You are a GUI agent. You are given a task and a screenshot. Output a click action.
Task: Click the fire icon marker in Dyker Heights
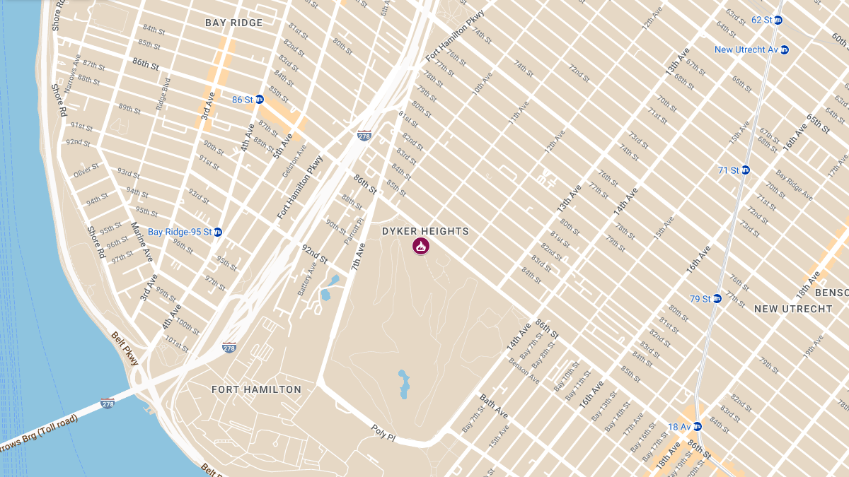[421, 246]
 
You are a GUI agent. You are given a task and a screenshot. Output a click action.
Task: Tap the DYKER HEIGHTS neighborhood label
[425, 231]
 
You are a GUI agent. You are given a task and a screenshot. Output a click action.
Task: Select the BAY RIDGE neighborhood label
[233, 23]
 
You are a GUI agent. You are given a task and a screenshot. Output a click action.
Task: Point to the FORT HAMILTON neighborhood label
[256, 389]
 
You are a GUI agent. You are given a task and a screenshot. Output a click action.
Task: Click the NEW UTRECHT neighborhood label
[793, 309]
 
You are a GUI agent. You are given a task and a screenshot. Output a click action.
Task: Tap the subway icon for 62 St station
[778, 20]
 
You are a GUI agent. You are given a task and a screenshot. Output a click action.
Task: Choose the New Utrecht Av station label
[746, 49]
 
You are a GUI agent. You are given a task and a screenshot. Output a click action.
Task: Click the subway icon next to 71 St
[745, 170]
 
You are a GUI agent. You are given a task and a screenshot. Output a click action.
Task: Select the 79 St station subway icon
[717, 298]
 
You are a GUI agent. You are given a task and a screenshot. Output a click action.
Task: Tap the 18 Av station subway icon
[697, 426]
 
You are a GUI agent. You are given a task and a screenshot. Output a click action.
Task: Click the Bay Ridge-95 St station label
[180, 232]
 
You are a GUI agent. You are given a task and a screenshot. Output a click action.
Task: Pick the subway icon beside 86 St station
[259, 100]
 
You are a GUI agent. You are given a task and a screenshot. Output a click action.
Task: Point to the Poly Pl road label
[383, 433]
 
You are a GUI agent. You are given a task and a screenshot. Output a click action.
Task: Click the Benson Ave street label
[524, 371]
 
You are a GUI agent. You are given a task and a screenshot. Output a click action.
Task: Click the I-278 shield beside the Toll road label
[107, 403]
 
